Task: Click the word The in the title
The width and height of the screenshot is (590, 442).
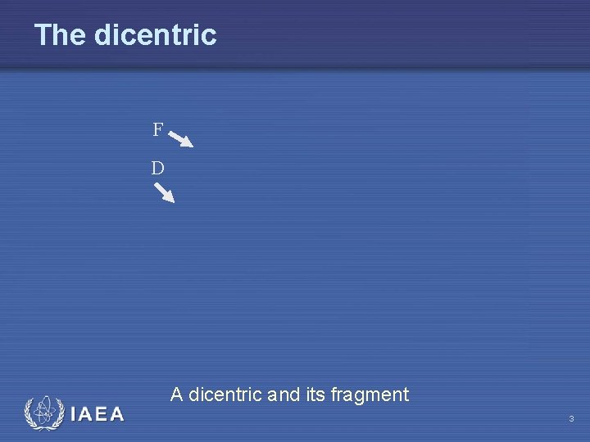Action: [61, 35]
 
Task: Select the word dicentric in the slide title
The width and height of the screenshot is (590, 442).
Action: [155, 35]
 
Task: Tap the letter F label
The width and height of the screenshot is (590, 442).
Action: [157, 130]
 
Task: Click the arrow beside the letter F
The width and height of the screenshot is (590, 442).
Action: [181, 138]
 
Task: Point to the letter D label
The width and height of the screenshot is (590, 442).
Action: [157, 169]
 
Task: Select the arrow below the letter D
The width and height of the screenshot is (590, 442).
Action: [165, 192]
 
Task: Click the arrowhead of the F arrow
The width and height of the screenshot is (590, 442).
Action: [188, 144]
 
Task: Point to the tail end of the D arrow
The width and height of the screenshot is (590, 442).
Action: [157, 185]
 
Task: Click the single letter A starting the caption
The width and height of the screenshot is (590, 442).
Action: [176, 395]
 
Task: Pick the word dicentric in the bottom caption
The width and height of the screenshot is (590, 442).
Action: [225, 395]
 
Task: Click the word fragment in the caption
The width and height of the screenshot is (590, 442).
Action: [370, 395]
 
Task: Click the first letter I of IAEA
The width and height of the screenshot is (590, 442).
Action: [75, 414]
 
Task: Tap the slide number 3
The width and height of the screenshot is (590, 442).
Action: [571, 419]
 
